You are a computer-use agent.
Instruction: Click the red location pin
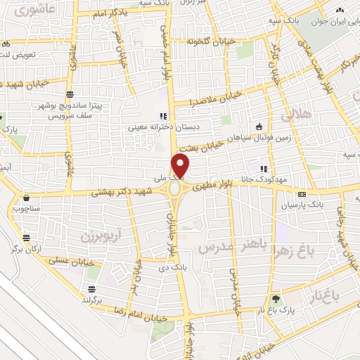[x=181, y=165]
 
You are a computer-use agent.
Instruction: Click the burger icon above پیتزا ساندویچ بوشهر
[x=69, y=94]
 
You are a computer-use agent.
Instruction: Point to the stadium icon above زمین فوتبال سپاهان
[x=259, y=127]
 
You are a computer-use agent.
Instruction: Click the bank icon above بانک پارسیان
[x=302, y=194]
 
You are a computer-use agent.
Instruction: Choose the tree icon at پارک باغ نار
[x=276, y=298]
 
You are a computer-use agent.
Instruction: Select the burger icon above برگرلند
[x=91, y=289]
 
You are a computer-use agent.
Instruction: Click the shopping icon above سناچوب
[x=27, y=198]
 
